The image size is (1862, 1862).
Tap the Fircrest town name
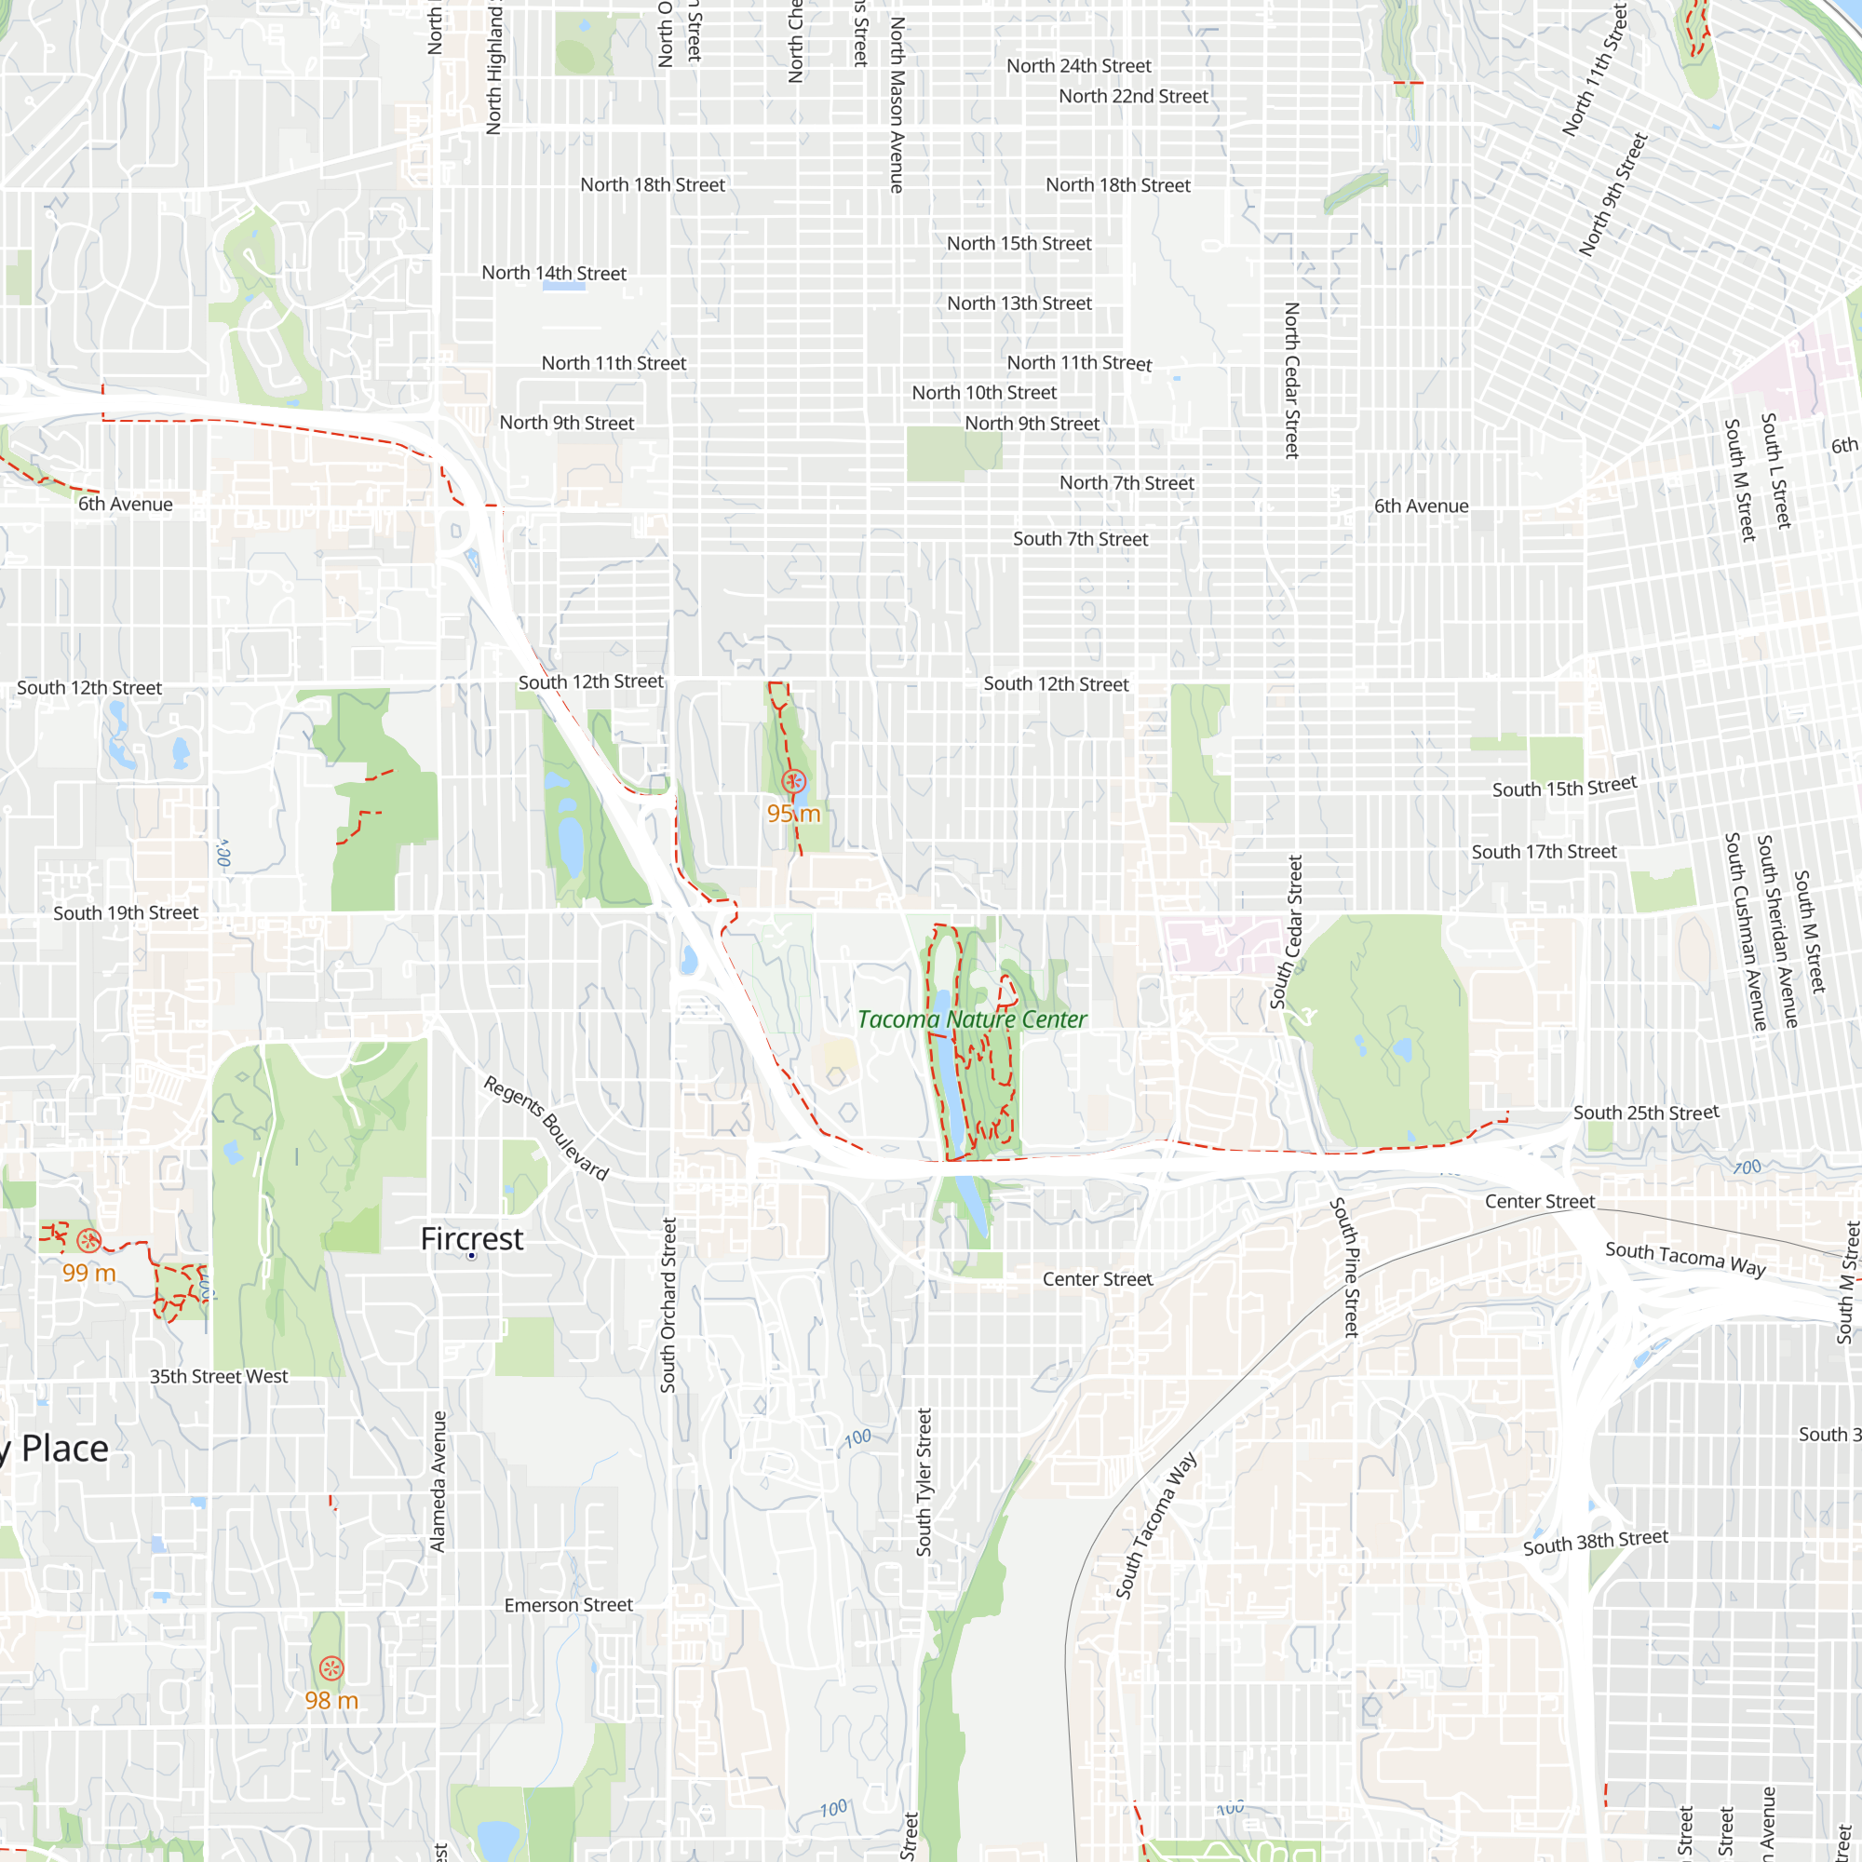[x=471, y=1238]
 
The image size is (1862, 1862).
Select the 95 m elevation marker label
[x=793, y=814]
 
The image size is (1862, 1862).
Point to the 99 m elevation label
[x=88, y=1273]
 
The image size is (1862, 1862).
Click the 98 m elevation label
[x=331, y=1700]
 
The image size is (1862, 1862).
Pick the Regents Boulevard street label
[x=546, y=1128]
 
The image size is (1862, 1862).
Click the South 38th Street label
[x=1595, y=1542]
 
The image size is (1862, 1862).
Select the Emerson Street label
[x=569, y=1605]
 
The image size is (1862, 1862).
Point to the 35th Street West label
[x=219, y=1376]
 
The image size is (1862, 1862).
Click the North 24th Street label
[x=1078, y=65]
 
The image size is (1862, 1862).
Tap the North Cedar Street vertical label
[x=1291, y=381]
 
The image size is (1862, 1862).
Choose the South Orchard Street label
[x=668, y=1305]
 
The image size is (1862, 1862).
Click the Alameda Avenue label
[x=439, y=1481]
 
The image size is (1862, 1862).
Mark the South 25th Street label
[x=1646, y=1113]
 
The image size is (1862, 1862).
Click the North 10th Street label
[x=984, y=392]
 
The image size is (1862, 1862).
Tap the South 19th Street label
[x=126, y=912]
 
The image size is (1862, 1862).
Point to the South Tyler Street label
[x=924, y=1482]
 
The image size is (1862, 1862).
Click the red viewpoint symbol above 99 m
[x=88, y=1240]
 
